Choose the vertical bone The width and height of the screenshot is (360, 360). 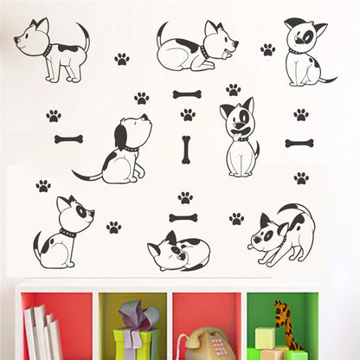[185, 150]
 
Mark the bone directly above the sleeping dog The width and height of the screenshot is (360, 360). [183, 218]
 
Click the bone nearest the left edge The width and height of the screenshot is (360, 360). [68, 138]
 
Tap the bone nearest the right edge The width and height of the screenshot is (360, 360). [299, 143]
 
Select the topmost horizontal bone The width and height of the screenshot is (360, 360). [186, 94]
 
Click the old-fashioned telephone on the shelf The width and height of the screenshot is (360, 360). [204, 344]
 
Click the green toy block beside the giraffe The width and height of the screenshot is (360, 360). [264, 338]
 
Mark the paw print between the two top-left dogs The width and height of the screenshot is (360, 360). [121, 59]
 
